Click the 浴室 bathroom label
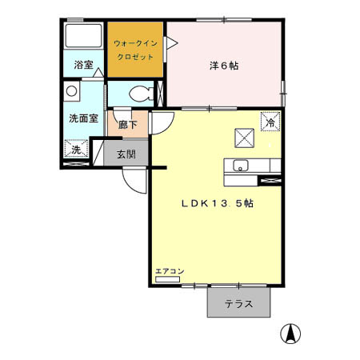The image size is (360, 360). point(83,65)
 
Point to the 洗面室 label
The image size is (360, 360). point(82,118)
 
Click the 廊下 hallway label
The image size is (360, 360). point(128,124)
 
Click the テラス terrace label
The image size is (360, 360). point(238,304)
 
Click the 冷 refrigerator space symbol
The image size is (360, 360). point(270,122)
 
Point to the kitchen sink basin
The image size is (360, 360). point(238,166)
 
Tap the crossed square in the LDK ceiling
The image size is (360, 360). point(242,138)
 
